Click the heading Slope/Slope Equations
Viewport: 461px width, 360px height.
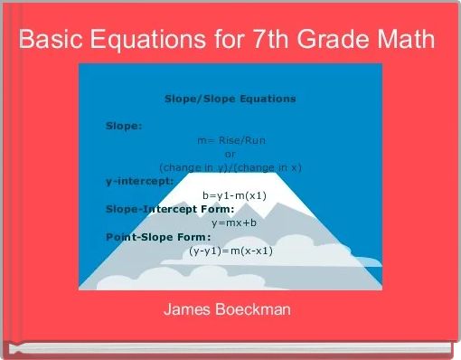(x=230, y=98)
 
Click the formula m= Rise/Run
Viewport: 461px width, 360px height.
(x=230, y=140)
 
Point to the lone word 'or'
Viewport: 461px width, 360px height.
(x=230, y=154)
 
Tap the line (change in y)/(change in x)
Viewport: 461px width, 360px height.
(x=230, y=167)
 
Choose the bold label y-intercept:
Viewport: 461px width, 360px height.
(x=139, y=181)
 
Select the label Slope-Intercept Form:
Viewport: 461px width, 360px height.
(x=156, y=209)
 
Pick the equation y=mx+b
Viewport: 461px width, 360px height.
(x=234, y=223)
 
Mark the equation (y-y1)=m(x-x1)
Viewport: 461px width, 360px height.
(x=230, y=251)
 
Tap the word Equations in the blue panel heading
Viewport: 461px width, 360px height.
(x=266, y=98)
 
